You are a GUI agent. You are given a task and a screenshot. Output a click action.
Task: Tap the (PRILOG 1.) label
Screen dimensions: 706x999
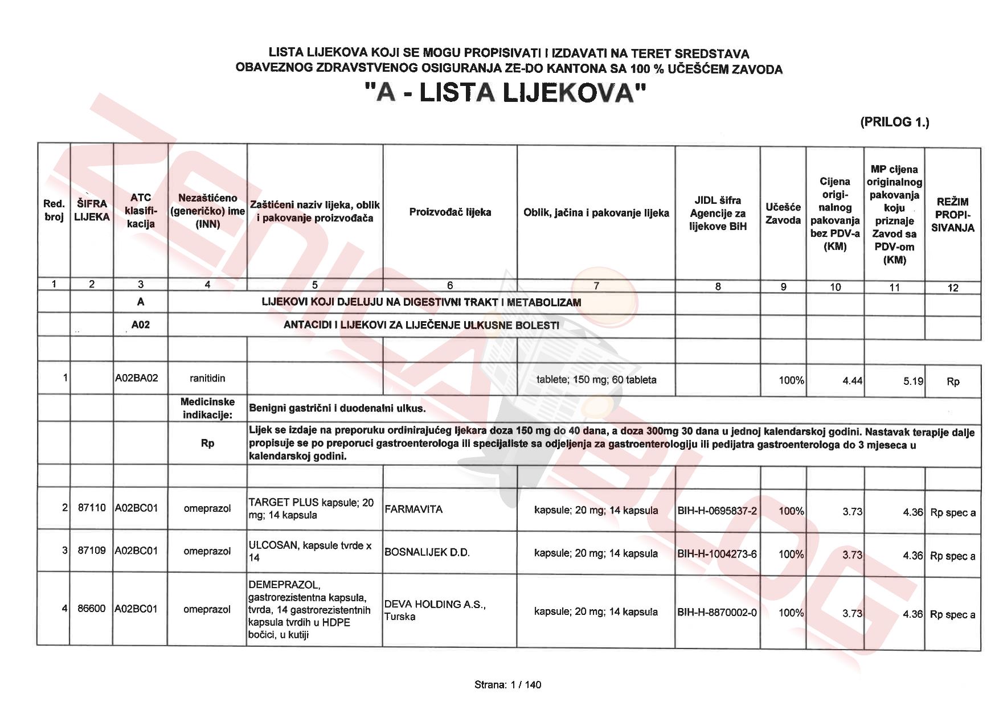(x=894, y=121)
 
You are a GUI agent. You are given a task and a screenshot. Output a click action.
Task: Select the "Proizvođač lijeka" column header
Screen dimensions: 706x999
(x=450, y=212)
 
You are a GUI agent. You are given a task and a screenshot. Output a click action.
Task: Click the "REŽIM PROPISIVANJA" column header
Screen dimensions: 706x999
(x=952, y=215)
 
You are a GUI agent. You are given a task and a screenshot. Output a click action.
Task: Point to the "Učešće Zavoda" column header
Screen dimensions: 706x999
(x=783, y=214)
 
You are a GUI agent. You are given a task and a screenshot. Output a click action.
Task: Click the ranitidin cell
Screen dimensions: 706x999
(x=207, y=378)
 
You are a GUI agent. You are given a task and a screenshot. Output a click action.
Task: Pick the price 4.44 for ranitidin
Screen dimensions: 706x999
(x=852, y=381)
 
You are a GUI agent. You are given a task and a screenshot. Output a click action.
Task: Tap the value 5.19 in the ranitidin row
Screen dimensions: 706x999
(x=913, y=381)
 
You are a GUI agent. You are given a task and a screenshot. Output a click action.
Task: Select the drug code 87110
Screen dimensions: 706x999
(x=92, y=507)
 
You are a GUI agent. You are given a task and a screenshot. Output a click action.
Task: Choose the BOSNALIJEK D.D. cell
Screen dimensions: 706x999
(x=427, y=552)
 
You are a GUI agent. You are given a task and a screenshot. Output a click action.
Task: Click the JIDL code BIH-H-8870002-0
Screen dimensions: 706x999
(x=717, y=613)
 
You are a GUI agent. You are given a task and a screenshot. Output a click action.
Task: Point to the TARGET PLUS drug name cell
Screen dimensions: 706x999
(x=311, y=508)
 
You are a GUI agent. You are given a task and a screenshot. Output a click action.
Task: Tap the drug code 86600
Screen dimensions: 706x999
(x=92, y=609)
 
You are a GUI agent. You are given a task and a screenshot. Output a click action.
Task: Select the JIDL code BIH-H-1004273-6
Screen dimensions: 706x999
(x=717, y=553)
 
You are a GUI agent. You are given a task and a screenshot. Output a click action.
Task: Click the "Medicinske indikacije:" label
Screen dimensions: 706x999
(x=207, y=408)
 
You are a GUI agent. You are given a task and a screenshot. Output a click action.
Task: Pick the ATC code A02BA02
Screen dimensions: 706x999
(x=137, y=378)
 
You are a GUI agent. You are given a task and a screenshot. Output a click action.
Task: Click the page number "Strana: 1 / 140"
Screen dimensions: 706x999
(x=507, y=684)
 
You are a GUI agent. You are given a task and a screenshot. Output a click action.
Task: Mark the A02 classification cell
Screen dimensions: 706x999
(x=140, y=325)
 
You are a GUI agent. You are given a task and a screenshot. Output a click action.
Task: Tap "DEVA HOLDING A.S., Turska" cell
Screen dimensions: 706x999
(x=435, y=610)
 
